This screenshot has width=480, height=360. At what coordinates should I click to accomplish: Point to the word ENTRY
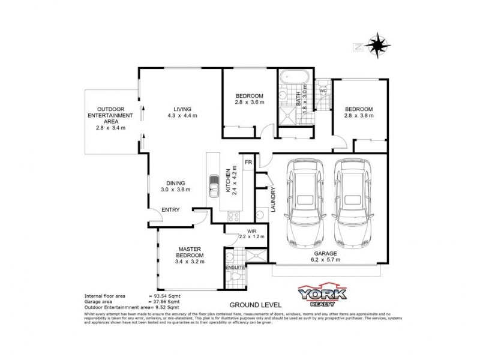(x=170, y=209)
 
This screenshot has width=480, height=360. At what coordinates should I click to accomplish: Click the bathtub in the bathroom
(x=294, y=77)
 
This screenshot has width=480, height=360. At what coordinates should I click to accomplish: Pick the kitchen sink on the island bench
(x=214, y=186)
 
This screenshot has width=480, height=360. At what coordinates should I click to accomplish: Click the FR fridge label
(x=248, y=162)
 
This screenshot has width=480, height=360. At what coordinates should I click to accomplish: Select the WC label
(x=323, y=91)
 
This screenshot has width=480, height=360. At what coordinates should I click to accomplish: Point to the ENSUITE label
(x=235, y=268)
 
